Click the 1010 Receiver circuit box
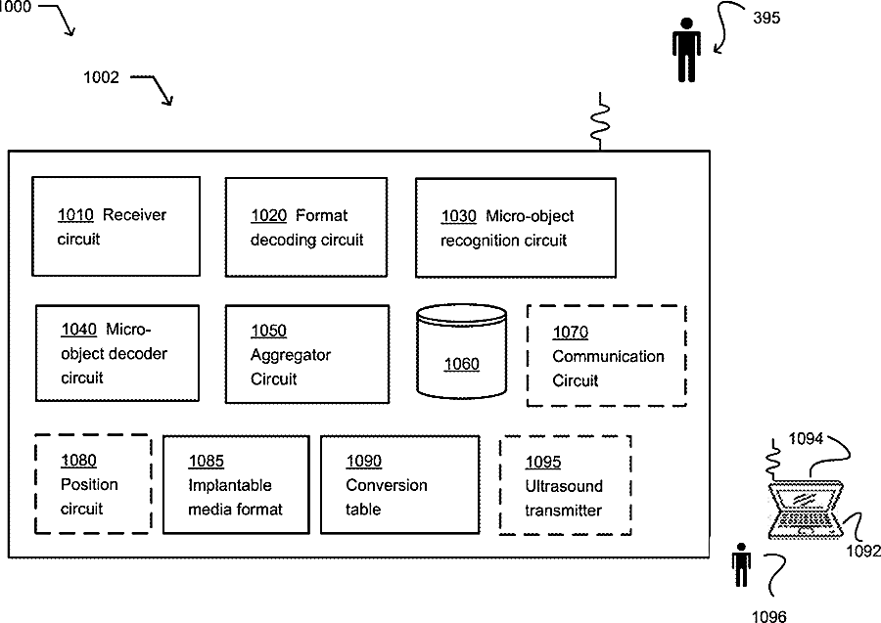point(116,226)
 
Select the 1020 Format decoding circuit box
point(306,227)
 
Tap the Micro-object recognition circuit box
point(515,228)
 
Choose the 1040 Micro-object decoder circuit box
point(116,353)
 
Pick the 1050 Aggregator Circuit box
point(306,354)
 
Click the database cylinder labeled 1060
point(461,351)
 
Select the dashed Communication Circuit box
point(606,356)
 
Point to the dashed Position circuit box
point(93,483)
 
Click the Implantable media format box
point(236,484)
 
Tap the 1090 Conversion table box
point(399,484)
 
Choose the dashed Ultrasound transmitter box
point(565,485)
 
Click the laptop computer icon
point(807,510)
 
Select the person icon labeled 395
point(686,50)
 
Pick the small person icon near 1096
point(741,564)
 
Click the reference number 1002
point(101,77)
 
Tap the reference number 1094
point(806,438)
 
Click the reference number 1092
point(863,551)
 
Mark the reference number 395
point(766,18)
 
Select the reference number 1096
point(768,616)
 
